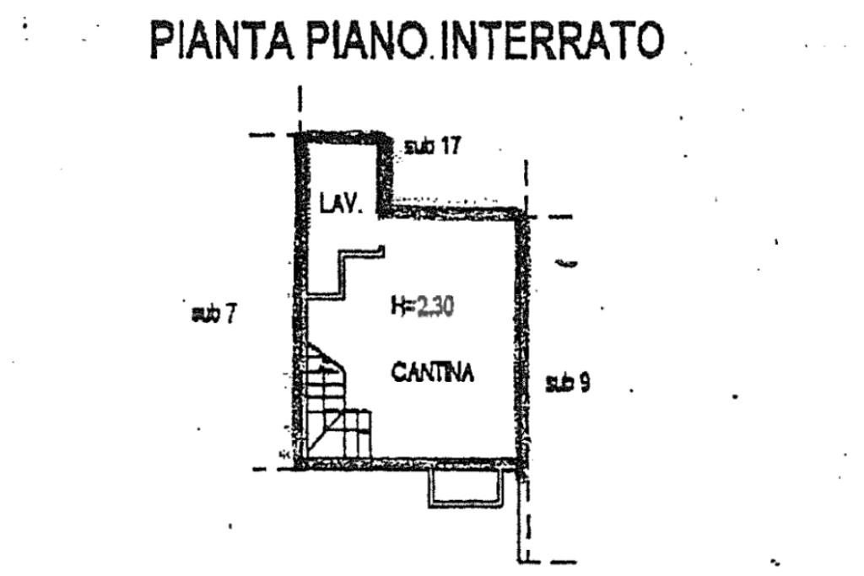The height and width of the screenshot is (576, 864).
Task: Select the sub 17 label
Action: click(x=432, y=146)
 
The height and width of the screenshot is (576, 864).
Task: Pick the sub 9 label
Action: click(x=567, y=383)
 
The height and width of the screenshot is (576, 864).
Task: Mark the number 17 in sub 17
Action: click(x=449, y=146)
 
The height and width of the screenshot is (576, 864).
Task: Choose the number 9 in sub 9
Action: click(x=583, y=383)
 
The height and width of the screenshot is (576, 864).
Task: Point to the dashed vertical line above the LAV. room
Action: click(x=300, y=105)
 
